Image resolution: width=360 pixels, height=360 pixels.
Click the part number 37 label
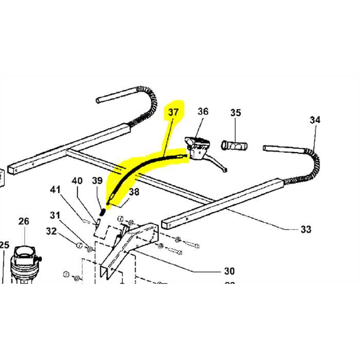tap(172, 112)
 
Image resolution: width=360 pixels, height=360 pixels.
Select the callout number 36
tap(203, 112)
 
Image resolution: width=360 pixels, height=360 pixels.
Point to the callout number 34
tap(315, 120)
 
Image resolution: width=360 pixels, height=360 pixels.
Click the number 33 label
tap(306, 229)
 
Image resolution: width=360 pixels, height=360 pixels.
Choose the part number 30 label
tap(229, 271)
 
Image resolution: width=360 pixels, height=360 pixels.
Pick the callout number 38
tap(134, 193)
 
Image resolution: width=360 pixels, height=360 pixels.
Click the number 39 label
tap(98, 181)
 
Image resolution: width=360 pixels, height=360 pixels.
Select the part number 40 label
tap(77, 181)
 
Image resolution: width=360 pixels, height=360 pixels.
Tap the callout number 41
tap(55, 190)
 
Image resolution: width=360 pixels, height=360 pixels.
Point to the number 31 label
tap(55, 215)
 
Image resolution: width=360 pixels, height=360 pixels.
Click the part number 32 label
tap(51, 231)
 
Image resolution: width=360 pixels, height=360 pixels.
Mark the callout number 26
tap(24, 221)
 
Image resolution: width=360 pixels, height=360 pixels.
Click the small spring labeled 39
tap(102, 211)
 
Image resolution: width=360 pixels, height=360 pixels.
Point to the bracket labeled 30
tap(129, 242)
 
